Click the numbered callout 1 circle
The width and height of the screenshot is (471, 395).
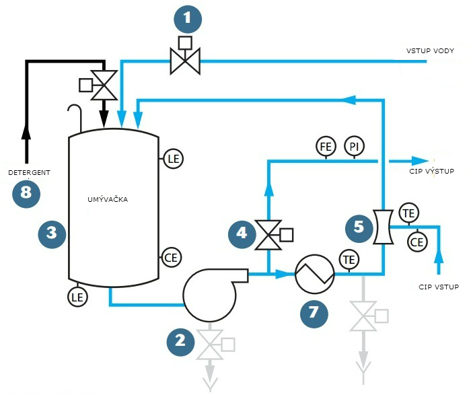coord(188,20)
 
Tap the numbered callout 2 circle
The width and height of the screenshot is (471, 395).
coord(180,340)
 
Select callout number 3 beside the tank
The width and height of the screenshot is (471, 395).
coord(51,233)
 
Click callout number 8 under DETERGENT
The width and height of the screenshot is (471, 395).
coord(26,193)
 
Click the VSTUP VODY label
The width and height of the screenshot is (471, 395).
coord(430,51)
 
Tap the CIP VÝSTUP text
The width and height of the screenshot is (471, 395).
coord(431,172)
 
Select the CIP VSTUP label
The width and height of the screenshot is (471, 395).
coord(437,287)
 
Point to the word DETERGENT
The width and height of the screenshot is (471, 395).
coord(29,173)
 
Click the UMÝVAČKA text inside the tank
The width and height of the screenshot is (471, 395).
coord(108,200)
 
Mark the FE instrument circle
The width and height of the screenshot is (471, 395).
coord(325,145)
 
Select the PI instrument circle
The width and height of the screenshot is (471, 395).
coord(353,145)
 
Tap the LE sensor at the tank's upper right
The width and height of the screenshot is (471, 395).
coord(173,159)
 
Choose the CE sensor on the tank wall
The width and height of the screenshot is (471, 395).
coord(171,256)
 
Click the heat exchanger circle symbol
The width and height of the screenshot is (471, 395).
coord(314,273)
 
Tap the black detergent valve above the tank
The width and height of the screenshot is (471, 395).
coord(104,84)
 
